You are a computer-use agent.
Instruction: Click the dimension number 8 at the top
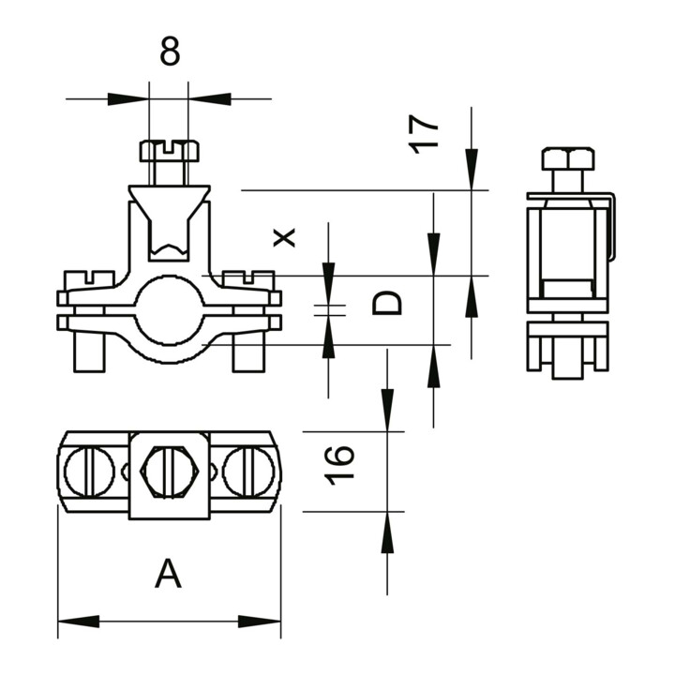(170, 51)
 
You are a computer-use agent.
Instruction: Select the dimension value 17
(424, 134)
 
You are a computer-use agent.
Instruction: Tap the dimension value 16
(339, 465)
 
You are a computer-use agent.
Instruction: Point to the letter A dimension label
(168, 573)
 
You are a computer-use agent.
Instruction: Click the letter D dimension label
(386, 303)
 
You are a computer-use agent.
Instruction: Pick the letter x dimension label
(285, 237)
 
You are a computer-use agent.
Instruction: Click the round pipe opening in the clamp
(169, 310)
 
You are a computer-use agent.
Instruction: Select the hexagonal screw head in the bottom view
(170, 472)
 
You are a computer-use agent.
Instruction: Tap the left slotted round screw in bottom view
(90, 472)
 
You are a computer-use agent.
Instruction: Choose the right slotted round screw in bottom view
(248, 472)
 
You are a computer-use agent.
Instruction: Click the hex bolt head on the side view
(568, 158)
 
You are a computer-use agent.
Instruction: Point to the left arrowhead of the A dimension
(79, 622)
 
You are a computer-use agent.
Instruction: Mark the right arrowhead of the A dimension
(260, 622)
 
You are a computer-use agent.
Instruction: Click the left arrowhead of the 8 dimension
(128, 99)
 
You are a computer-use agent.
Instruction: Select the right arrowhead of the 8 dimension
(210, 99)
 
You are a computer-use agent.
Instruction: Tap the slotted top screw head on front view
(169, 150)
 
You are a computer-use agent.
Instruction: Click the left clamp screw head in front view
(90, 279)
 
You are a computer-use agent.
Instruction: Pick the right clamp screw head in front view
(248, 279)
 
